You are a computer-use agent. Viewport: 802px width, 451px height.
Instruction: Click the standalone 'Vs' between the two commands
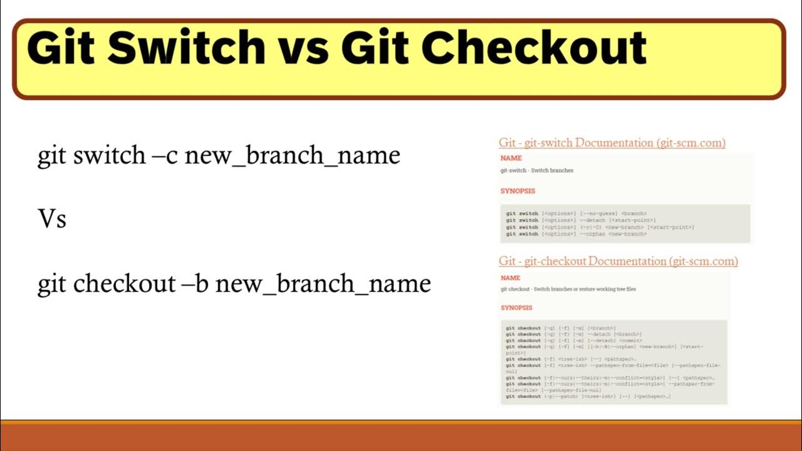[x=52, y=220]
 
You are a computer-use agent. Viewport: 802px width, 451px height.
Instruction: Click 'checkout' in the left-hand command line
[x=125, y=284]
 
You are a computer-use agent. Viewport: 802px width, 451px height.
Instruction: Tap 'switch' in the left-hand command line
[x=110, y=155]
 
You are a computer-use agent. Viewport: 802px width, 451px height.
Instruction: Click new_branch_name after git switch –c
[x=292, y=155]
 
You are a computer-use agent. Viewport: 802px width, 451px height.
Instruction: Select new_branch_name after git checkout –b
[x=323, y=284]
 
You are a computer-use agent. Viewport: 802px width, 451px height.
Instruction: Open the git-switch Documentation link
[x=612, y=143]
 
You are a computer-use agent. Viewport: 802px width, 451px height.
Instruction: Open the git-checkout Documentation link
[x=618, y=261]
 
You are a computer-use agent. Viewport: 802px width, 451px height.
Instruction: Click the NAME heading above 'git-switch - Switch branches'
[x=511, y=158]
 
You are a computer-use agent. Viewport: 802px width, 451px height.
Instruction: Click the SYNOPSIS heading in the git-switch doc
[x=518, y=191]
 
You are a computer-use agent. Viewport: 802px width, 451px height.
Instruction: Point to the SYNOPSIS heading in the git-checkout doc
[x=517, y=308]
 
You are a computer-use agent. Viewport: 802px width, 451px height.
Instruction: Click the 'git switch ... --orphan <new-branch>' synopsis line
[x=576, y=234]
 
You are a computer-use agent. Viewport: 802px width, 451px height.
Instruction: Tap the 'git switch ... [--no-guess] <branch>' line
[x=576, y=214]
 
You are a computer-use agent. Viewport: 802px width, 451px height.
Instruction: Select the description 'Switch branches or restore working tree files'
[x=585, y=289]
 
